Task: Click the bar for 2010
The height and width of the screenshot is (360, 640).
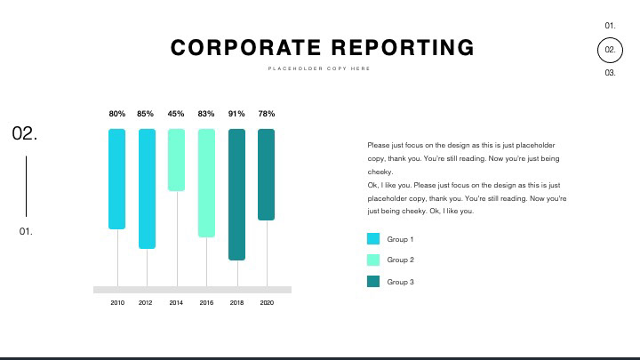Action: tap(117, 179)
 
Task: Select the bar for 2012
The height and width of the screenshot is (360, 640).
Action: tap(147, 188)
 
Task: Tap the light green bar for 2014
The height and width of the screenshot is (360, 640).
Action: tap(176, 160)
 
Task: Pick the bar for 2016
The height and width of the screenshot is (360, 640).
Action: tap(206, 183)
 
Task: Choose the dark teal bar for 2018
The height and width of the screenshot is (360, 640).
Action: tap(236, 195)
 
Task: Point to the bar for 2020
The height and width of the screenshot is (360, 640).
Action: tap(266, 174)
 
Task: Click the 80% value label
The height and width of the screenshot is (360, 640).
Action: tap(117, 114)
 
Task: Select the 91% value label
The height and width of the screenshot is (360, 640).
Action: tap(236, 114)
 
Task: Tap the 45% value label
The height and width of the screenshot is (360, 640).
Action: tap(176, 114)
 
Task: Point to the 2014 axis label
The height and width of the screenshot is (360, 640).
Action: tap(176, 303)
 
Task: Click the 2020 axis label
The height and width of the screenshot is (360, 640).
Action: tap(267, 303)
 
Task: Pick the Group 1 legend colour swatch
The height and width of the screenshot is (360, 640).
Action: tap(373, 239)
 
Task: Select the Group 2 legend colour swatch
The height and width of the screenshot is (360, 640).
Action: tap(373, 260)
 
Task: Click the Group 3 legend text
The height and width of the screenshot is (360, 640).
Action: tap(400, 282)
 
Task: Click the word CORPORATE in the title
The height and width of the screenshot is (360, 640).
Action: tap(245, 48)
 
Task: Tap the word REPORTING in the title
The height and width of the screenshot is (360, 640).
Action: tap(403, 48)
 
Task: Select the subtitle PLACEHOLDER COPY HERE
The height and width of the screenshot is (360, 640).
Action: tap(319, 68)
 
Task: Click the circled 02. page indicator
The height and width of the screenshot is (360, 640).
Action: tap(610, 51)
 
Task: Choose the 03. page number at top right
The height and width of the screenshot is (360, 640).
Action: tap(610, 73)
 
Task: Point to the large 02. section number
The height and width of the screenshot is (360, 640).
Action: tap(25, 134)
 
